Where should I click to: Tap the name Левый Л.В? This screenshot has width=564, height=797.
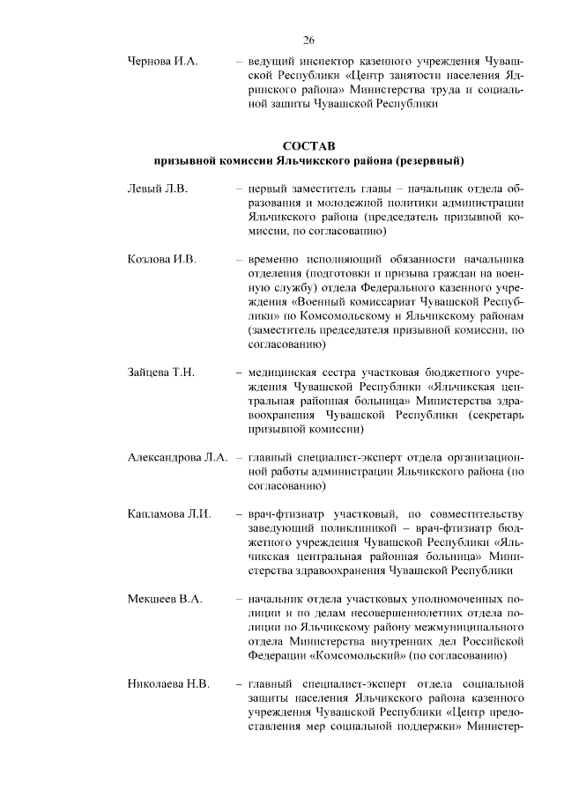[158, 188]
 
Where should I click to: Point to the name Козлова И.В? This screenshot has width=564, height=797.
[161, 260]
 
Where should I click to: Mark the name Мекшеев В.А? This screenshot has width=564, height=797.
[165, 599]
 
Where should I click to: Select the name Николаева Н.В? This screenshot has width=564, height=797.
[168, 683]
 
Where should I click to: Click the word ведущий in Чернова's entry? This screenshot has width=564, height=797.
[274, 63]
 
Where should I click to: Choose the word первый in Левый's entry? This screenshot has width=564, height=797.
[271, 188]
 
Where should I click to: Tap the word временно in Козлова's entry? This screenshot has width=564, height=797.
[280, 260]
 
